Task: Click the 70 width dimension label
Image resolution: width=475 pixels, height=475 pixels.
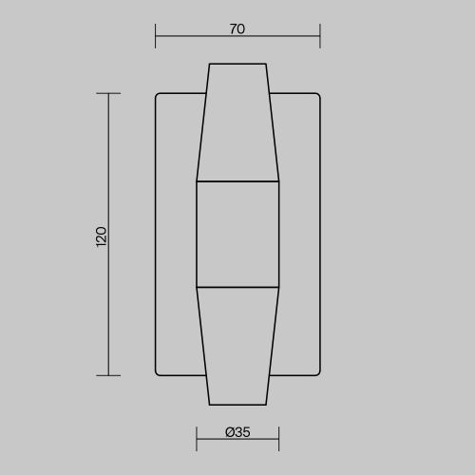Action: (237, 29)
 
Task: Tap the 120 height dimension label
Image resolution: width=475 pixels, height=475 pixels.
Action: (102, 237)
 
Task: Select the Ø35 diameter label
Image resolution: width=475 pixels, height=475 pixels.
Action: (237, 432)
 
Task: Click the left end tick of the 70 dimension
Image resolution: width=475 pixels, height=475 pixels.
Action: (155, 36)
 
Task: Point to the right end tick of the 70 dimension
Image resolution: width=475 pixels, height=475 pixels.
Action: (320, 36)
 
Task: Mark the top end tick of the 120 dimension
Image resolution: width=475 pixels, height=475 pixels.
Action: (108, 93)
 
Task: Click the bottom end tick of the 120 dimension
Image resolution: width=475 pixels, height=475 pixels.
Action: (108, 375)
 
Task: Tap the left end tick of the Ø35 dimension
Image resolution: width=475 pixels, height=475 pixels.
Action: (197, 439)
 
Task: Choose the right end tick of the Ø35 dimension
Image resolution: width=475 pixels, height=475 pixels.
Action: (278, 439)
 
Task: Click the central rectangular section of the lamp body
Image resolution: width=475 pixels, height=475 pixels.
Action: (237, 235)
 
